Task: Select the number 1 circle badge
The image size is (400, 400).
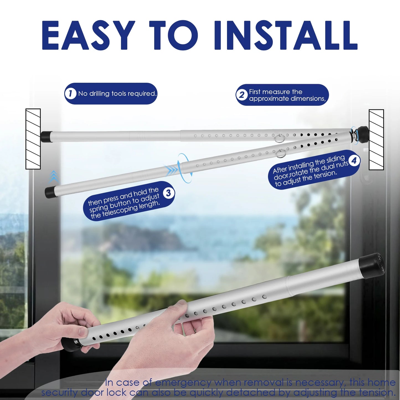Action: (x=70, y=94)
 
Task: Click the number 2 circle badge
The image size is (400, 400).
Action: (x=242, y=95)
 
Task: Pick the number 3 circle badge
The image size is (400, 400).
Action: (x=168, y=193)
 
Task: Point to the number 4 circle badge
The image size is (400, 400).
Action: (x=354, y=160)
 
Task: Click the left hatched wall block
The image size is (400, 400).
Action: (x=33, y=139)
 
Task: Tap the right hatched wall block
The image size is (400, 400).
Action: (x=376, y=140)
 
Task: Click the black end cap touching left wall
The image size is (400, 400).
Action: (x=46, y=136)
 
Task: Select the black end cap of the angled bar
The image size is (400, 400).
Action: (x=50, y=192)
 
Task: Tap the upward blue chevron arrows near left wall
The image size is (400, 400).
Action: (x=54, y=176)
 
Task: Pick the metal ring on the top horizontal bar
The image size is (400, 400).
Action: (x=279, y=138)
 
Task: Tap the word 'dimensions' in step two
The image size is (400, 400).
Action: (x=307, y=99)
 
